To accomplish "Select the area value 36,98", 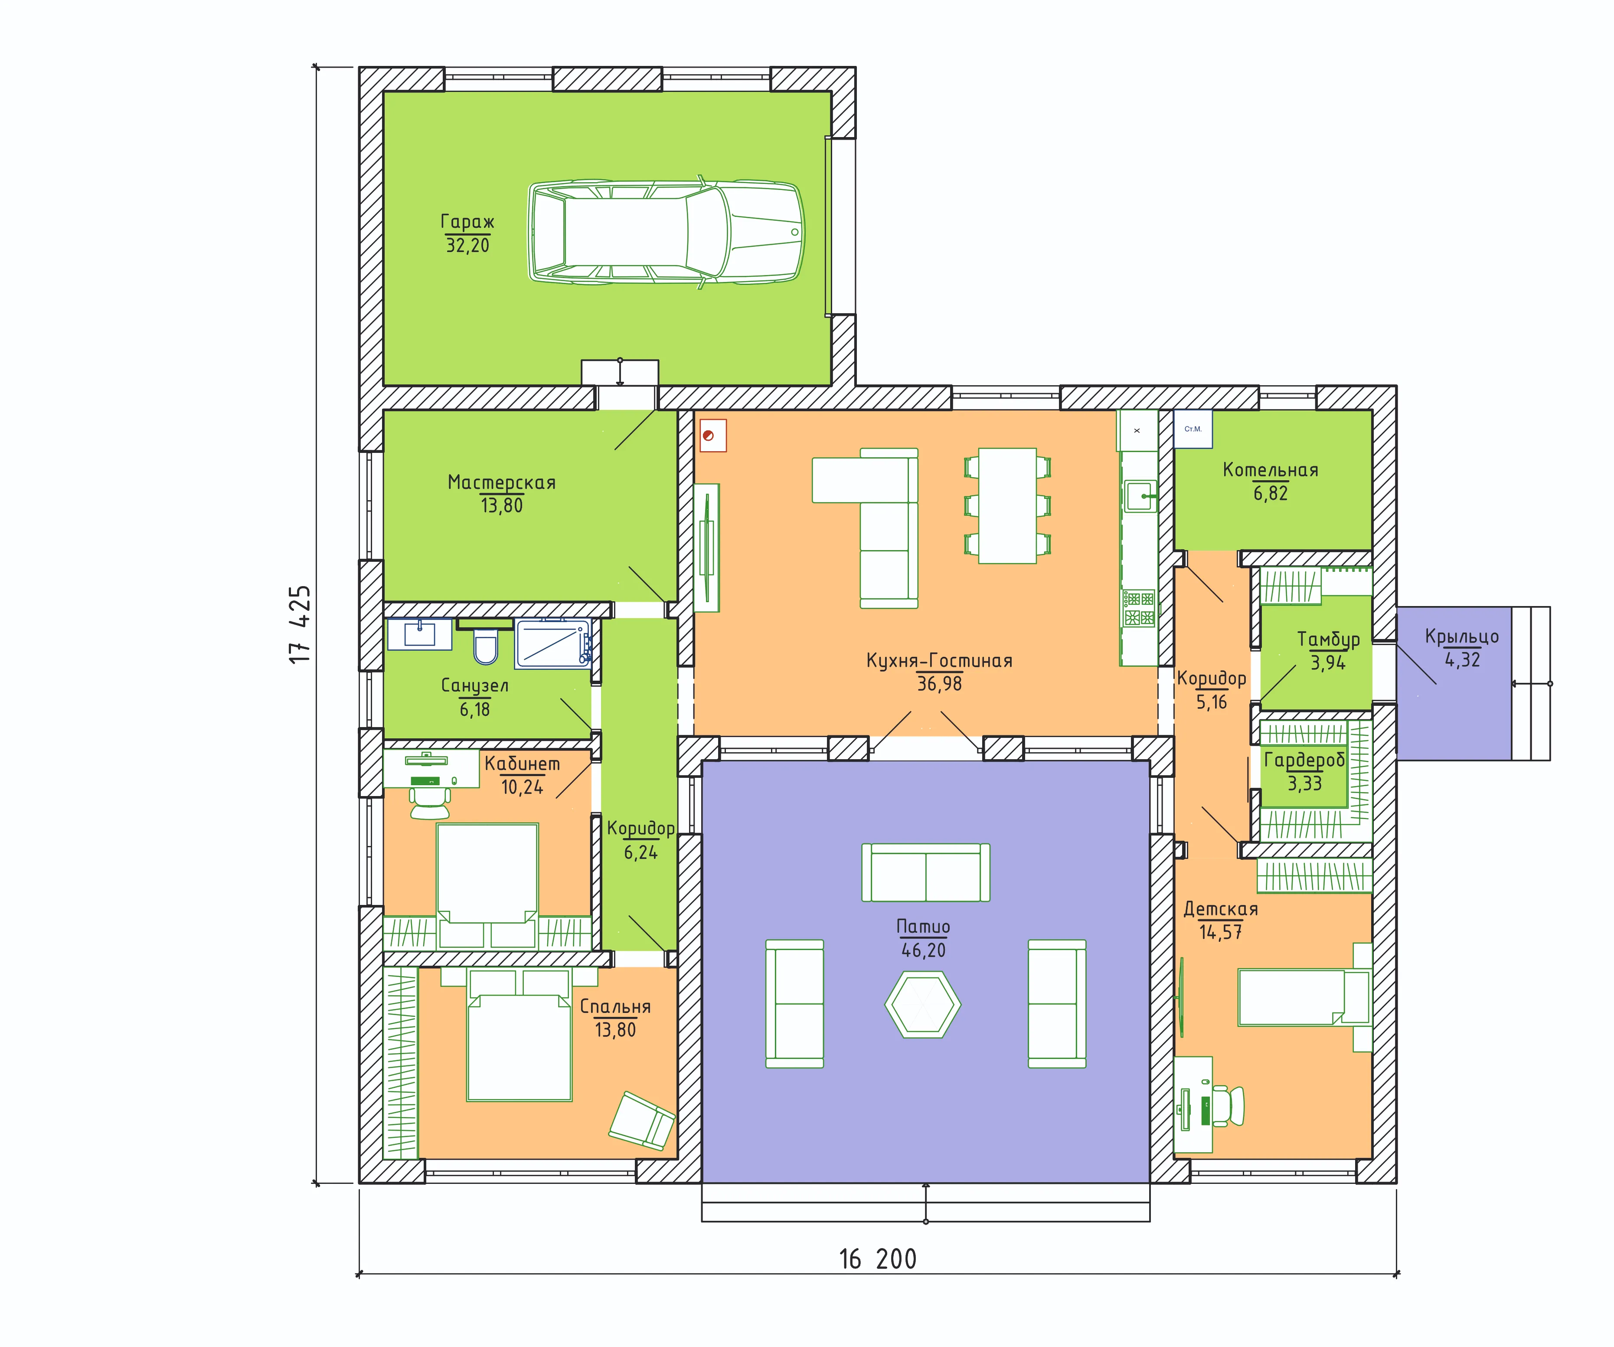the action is [939, 684].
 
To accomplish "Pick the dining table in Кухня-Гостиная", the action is [1007, 506].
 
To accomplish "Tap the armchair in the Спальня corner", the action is [642, 1122].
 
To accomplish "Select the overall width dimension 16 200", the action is [878, 1259].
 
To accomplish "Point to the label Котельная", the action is [1271, 470].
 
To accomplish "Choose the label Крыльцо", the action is [1462, 636].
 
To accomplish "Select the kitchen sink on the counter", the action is [1140, 496].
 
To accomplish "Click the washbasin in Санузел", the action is [420, 634].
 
